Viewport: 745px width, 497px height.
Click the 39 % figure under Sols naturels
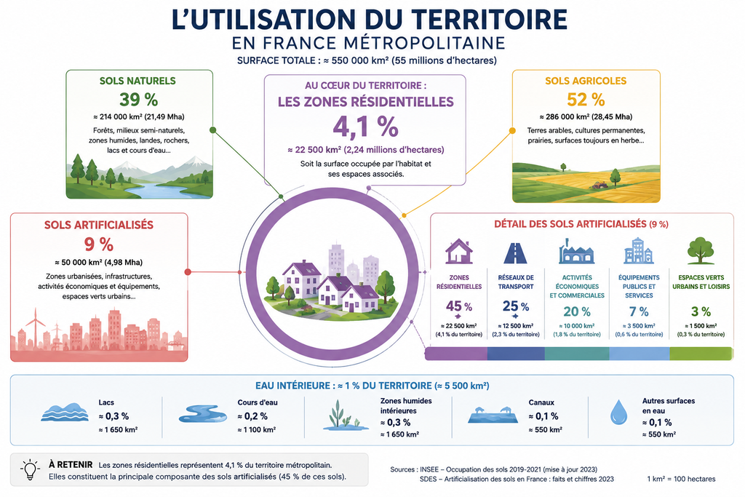point(138,99)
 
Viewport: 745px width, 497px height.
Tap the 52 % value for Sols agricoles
point(586,99)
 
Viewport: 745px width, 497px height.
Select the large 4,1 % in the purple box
point(365,127)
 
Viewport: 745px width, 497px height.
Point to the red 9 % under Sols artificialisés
point(99,244)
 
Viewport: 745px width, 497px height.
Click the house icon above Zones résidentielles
point(458,251)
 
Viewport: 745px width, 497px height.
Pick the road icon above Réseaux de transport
point(516,253)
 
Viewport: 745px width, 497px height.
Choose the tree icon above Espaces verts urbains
point(701,250)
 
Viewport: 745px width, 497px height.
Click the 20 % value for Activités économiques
point(577,311)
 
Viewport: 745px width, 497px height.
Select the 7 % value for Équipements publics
point(639,311)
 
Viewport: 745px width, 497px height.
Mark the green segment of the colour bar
point(701,354)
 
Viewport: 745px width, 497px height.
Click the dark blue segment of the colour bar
point(516,354)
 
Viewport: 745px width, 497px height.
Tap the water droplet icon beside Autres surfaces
point(618,412)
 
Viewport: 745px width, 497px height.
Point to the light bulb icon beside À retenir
point(30,469)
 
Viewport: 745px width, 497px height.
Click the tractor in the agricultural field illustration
point(599,185)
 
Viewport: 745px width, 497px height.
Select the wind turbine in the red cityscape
point(35,328)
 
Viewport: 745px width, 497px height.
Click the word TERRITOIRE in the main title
point(489,20)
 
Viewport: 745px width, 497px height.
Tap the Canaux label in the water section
point(541,402)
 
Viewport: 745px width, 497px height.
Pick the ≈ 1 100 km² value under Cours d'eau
point(257,429)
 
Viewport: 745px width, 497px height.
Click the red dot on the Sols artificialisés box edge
point(188,271)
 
